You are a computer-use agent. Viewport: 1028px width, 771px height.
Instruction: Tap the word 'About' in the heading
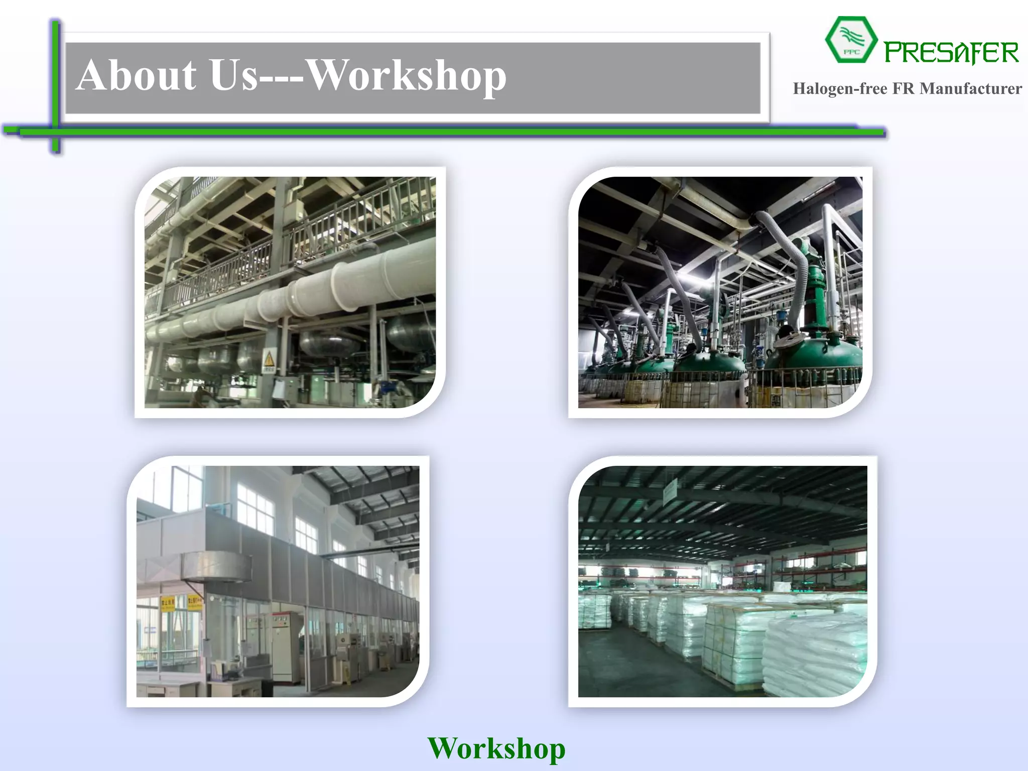pos(137,75)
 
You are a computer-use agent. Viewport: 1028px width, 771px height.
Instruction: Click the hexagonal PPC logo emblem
pos(851,40)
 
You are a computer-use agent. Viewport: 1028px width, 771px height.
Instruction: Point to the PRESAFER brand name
pos(951,53)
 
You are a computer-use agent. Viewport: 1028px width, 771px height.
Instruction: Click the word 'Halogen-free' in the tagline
pos(840,89)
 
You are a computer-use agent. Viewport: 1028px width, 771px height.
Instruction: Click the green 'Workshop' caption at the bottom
pos(496,748)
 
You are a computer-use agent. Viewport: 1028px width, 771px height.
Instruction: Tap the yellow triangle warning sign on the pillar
pos(269,359)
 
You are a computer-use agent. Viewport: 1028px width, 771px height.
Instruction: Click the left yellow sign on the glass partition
pos(167,603)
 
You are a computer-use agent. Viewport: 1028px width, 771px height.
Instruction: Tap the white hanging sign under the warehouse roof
pos(670,492)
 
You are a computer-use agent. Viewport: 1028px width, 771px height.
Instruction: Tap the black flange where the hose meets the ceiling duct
pos(754,219)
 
